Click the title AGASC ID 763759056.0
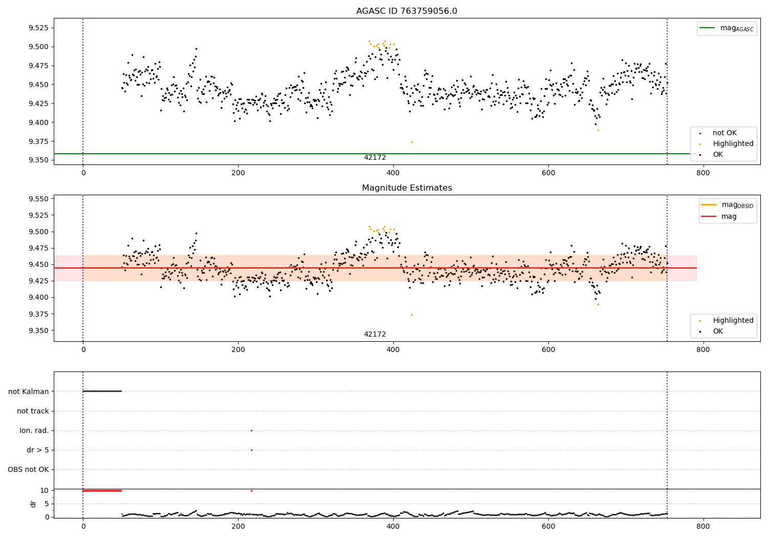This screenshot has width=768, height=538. [x=407, y=11]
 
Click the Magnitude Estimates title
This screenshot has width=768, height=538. [x=407, y=188]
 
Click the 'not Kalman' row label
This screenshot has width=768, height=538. [x=29, y=391]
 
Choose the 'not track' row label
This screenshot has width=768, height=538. [x=33, y=411]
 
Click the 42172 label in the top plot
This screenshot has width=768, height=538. [x=375, y=158]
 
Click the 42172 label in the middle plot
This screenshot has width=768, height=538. [x=375, y=335]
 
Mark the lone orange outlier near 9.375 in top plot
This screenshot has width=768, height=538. [x=412, y=142]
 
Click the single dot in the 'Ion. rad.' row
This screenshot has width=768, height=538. [x=251, y=430]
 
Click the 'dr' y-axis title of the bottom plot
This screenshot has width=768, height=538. [x=33, y=504]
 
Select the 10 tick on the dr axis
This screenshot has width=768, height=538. [x=45, y=490]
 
